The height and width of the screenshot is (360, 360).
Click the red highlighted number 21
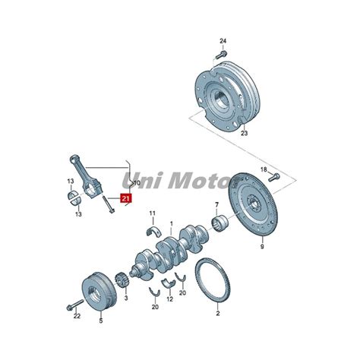pyautogui.click(x=126, y=198)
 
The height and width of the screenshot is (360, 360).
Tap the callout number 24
pyautogui.click(x=223, y=41)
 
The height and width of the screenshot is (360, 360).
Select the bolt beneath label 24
pyautogui.click(x=221, y=55)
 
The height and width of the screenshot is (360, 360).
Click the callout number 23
pyautogui.click(x=244, y=133)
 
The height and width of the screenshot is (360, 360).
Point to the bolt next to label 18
pyautogui.click(x=273, y=177)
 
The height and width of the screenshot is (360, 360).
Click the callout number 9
pyautogui.click(x=262, y=246)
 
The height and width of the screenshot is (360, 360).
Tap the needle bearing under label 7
pyautogui.click(x=219, y=222)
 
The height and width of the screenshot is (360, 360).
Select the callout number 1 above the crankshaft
pyautogui.click(x=172, y=224)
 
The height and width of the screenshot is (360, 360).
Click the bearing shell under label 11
pyautogui.click(x=154, y=231)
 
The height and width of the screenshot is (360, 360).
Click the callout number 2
pyautogui.click(x=218, y=313)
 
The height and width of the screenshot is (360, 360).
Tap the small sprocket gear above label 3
pyautogui.click(x=122, y=281)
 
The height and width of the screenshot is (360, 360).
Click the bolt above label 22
pyautogui.click(x=75, y=305)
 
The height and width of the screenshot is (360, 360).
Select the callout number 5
pyautogui.click(x=101, y=321)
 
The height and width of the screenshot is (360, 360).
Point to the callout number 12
pyautogui.click(x=170, y=299)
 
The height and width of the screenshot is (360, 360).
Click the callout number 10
pyautogui.click(x=137, y=183)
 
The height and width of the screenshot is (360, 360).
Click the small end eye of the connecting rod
pyautogui.click(x=74, y=159)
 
